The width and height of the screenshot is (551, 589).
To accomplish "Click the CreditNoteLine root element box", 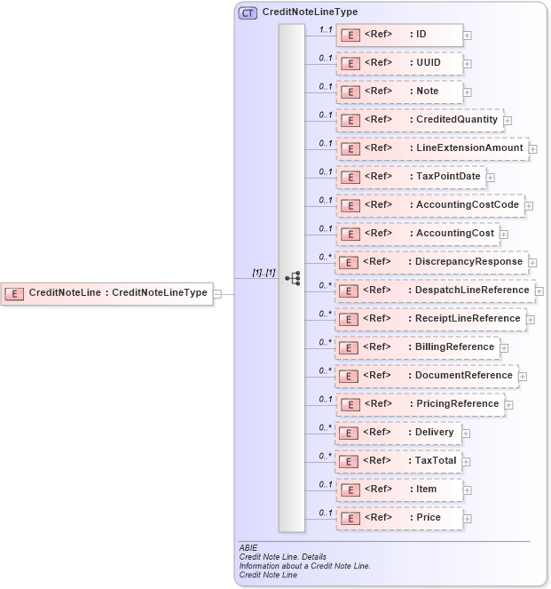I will tap(107, 292).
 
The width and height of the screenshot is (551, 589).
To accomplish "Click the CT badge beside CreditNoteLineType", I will tap(248, 12).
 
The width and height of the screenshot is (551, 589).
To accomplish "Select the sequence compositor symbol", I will tap(292, 278).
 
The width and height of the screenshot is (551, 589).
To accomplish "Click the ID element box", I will tap(399, 35).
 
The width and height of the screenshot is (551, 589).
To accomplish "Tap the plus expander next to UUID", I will tap(468, 64).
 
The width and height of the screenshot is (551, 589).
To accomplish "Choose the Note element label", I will tap(428, 91).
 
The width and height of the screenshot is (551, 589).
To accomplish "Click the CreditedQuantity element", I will tap(419, 119).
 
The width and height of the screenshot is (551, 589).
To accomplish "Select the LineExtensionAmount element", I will tap(431, 147).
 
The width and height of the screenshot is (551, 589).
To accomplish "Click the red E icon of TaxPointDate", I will tap(350, 177).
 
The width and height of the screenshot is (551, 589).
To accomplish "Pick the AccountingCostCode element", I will tap(429, 204).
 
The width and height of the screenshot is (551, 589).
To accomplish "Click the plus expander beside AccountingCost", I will tap(504, 235).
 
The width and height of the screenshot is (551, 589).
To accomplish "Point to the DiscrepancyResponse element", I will tap(431, 261).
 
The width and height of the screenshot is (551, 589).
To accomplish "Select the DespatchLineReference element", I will tap(434, 290).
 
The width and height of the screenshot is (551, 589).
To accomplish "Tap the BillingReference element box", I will tap(417, 346).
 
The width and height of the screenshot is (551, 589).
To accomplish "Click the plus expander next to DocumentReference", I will tap(523, 376).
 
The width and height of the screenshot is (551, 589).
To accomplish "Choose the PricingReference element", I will tap(419, 403).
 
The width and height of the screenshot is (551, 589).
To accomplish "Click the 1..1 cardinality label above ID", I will tap(326, 29).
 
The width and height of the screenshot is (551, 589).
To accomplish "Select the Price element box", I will tap(399, 517).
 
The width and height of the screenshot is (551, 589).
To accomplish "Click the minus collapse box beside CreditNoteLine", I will tap(218, 293).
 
